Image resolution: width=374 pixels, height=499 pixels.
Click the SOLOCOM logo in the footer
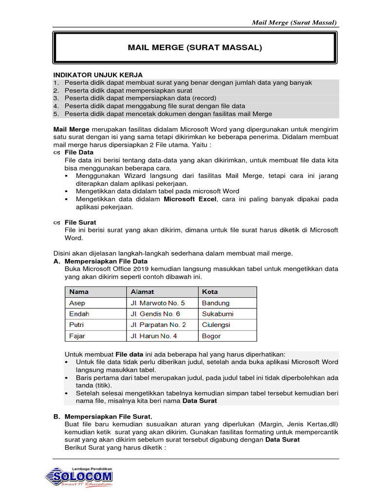click(79, 476)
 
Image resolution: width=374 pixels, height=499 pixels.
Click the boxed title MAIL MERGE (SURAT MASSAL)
click(195, 48)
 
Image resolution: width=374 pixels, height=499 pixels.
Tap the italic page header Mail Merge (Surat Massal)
click(294, 22)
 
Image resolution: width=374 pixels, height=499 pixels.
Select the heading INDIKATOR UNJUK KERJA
click(97, 75)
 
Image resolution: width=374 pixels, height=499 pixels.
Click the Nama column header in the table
click(79, 292)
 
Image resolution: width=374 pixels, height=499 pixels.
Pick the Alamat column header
click(142, 292)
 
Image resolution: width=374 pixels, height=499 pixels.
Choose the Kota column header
click(210, 292)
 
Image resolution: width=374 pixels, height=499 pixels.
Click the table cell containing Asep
click(77, 303)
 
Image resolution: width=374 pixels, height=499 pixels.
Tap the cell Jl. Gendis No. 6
click(155, 314)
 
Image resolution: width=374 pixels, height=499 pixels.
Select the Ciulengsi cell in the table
click(216, 325)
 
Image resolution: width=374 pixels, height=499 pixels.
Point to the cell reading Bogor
click(211, 336)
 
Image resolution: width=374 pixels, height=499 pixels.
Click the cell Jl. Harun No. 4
click(153, 336)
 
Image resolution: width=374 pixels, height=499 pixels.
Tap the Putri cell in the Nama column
click(77, 325)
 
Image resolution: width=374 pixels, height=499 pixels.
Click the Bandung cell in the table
click(215, 303)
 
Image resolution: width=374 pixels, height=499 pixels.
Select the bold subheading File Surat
click(80, 223)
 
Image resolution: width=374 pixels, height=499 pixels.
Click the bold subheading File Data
click(79, 153)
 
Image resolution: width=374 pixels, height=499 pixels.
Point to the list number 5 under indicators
click(56, 114)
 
